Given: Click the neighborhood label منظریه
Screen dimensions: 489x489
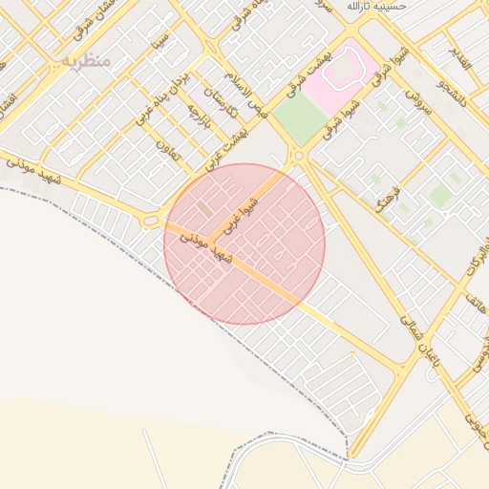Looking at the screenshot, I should tap(86, 60).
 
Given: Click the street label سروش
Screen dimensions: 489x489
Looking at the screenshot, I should tap(419, 103).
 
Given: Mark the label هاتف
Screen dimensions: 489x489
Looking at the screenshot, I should tap(476, 305).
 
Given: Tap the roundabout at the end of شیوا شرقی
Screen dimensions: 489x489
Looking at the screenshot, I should tap(299, 154).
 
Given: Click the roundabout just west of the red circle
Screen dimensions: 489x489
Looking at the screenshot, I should tap(151, 222).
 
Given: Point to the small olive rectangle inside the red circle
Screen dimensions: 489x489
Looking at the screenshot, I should tap(204, 208).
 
